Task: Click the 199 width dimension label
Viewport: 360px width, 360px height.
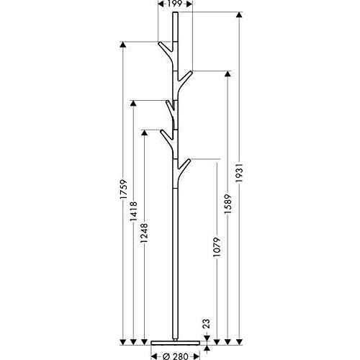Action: (x=175, y=4)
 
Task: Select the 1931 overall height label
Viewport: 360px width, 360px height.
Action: (x=239, y=173)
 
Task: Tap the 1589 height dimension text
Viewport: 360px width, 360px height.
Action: (x=228, y=204)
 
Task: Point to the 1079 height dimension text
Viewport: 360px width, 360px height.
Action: (x=217, y=247)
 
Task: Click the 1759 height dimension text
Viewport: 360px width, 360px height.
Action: (x=123, y=189)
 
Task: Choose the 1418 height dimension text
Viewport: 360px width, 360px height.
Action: (x=133, y=212)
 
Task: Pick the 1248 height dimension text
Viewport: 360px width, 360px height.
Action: (x=144, y=233)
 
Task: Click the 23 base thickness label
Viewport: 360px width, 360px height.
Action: (x=207, y=323)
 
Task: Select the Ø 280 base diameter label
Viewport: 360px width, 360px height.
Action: (x=175, y=356)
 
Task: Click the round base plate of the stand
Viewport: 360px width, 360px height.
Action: (x=175, y=343)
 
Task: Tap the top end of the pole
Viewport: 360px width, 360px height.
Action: (x=176, y=12)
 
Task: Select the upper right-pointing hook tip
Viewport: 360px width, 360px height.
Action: (x=191, y=72)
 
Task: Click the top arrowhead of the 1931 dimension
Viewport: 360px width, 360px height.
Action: (x=239, y=14)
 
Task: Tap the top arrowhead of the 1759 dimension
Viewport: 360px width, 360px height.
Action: (x=123, y=45)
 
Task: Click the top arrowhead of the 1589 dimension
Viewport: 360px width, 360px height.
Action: (x=228, y=73)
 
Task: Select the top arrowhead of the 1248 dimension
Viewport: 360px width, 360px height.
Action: (x=144, y=132)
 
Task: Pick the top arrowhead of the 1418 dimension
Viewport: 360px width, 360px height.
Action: (x=133, y=103)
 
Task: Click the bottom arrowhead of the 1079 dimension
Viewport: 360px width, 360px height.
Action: (x=217, y=342)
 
